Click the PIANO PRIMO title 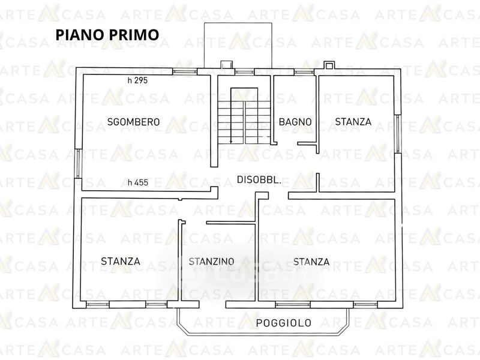point(107,35)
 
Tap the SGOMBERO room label point(133,122)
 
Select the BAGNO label point(295,122)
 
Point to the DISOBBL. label point(259,179)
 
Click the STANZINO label point(211,262)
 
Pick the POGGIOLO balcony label point(283,323)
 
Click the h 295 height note point(137,80)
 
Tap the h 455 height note point(138,182)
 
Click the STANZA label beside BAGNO point(353,122)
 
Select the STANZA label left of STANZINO point(121,262)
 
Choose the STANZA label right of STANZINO point(311,262)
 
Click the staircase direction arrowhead point(231,142)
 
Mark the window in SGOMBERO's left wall point(79,163)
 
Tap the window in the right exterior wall point(398,134)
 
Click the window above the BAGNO point(304,72)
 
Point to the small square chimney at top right point(329,65)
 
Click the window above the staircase point(245,72)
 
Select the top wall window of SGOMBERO point(185,72)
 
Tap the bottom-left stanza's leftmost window point(98,305)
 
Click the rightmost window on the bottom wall point(365,305)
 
